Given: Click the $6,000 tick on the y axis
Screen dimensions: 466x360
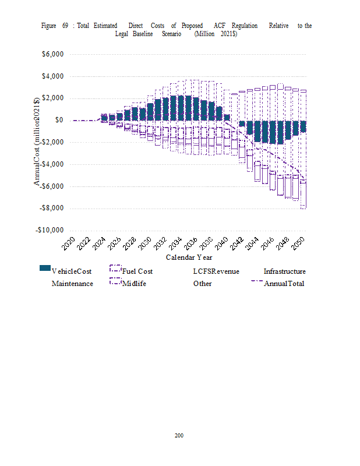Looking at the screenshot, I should pos(51,55).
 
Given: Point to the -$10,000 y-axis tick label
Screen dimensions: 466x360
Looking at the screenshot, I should pos(49,230).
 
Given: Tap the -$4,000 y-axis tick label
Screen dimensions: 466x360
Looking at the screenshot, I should pos(51,164).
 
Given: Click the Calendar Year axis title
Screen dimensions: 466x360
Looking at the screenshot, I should pos(189,257).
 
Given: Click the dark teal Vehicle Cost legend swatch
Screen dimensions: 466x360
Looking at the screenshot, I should pos(45,268).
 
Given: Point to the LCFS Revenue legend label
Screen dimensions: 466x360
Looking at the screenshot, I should pos(216,271).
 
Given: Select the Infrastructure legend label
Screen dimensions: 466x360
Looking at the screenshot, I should pos(284,271).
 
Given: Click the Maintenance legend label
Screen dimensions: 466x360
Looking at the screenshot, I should pos(72,284).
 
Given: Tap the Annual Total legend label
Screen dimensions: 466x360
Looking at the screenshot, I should pos(284,284).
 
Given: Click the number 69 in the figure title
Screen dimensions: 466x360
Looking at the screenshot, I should pos(65,26).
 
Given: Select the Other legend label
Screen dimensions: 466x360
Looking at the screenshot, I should pos(202,284).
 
